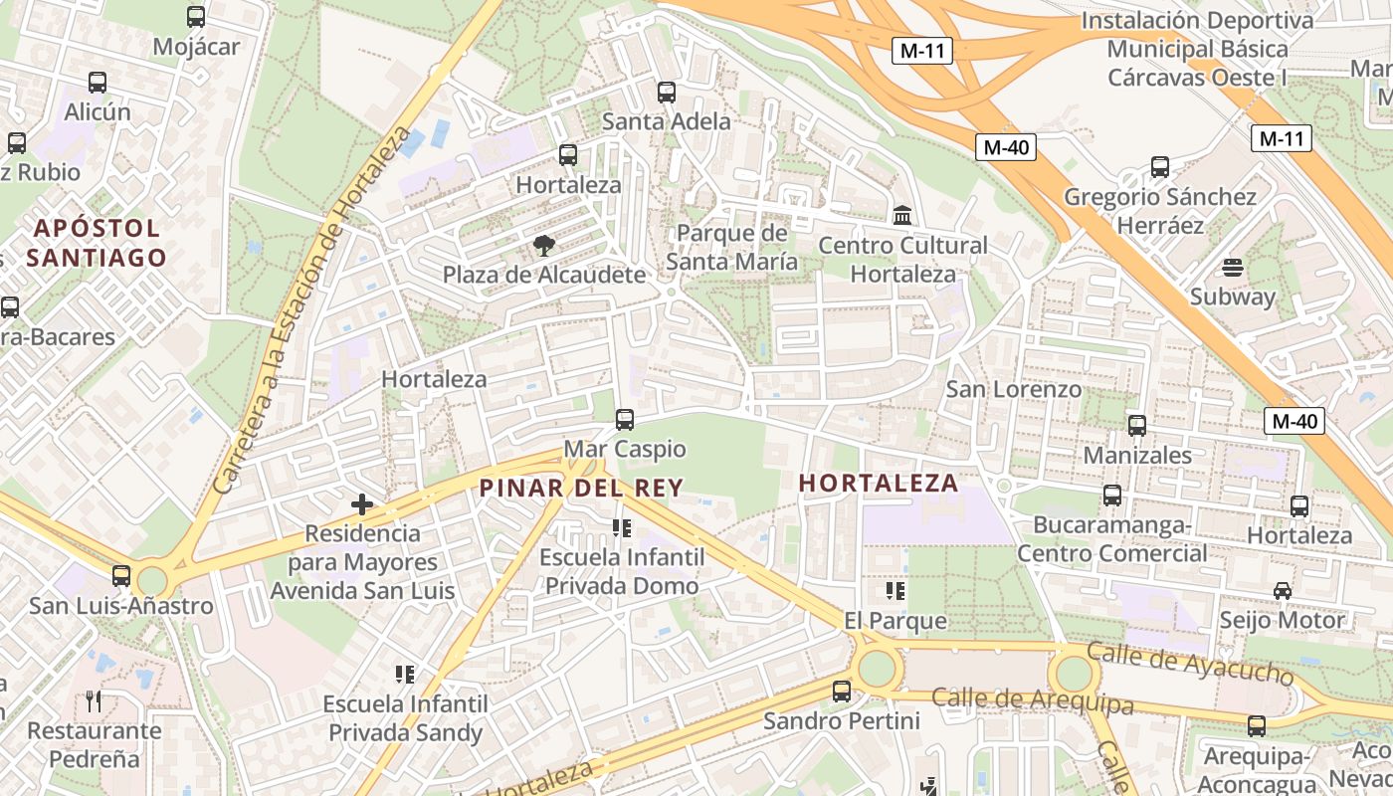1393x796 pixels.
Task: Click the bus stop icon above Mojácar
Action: [x=196, y=16]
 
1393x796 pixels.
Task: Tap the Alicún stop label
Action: [x=98, y=111]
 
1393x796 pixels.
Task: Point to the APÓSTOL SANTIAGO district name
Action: [x=97, y=243]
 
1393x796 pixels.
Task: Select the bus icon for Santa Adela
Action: [x=667, y=93]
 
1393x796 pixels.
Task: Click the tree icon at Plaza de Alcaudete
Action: [x=543, y=246]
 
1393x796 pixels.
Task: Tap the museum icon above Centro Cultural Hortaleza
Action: [x=902, y=215]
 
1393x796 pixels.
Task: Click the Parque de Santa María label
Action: [x=731, y=247]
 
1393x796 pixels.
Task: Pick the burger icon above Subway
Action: [x=1233, y=268]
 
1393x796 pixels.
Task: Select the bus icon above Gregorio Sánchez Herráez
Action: [x=1160, y=167]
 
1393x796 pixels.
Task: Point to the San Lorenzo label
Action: [x=1013, y=389]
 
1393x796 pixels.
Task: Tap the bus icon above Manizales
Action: [x=1137, y=426]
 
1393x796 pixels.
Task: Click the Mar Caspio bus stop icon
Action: [x=625, y=420]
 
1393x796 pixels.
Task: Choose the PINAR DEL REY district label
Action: [x=581, y=488]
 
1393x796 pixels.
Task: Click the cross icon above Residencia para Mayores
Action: [x=362, y=504]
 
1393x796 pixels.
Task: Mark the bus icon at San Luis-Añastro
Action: [x=121, y=576]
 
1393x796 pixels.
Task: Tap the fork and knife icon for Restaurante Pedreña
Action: [x=94, y=701]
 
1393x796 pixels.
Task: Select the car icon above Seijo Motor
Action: [x=1283, y=591]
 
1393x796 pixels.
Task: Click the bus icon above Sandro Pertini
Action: [x=842, y=691]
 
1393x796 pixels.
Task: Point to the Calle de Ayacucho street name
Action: [x=1190, y=663]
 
